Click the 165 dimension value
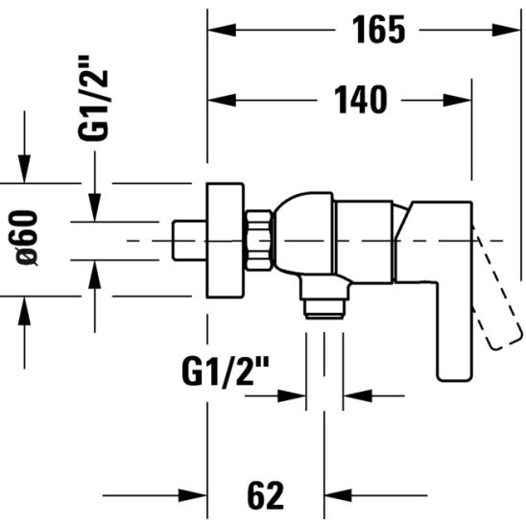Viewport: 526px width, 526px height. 379,30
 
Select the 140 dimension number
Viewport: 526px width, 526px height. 361,100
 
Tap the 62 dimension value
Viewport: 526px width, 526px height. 265,495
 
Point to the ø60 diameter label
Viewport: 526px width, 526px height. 27,238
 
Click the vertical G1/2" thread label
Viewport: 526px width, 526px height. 93,98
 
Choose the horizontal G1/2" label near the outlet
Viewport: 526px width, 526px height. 226,371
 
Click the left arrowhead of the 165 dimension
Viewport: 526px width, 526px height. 222,30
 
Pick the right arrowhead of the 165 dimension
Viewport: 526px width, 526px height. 506,30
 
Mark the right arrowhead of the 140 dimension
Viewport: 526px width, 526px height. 458,100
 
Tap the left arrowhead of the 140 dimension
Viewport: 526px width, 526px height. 222,100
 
